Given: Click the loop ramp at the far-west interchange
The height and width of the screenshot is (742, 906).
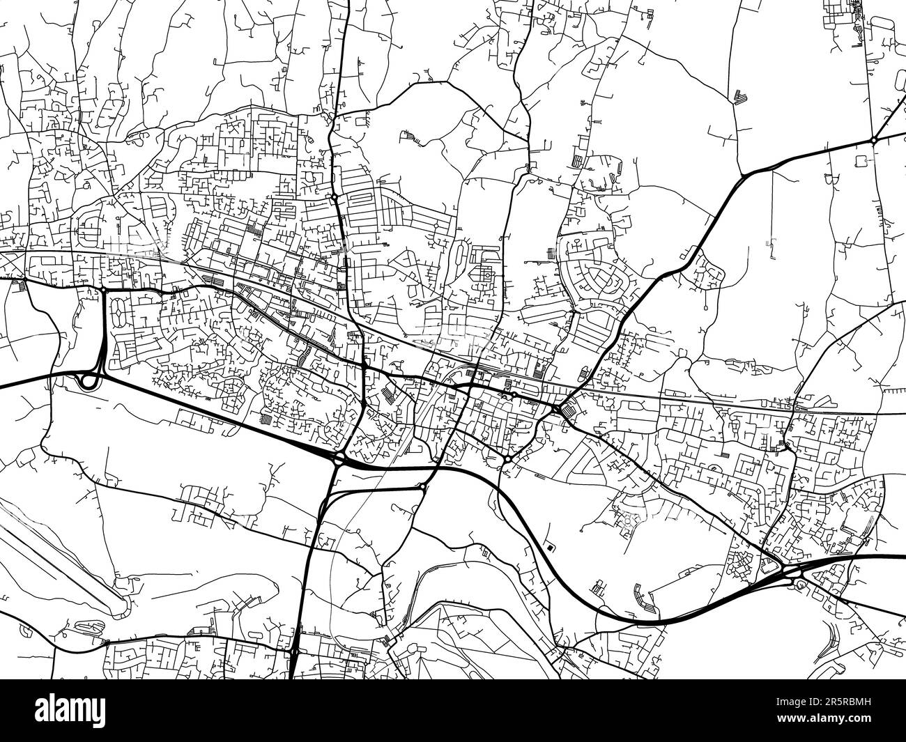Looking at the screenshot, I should (89, 380).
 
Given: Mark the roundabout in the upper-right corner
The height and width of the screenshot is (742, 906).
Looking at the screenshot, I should (873, 140).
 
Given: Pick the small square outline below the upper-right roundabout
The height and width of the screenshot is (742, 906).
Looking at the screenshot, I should (860, 161).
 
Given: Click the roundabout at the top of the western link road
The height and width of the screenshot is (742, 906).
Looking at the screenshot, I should (103, 289).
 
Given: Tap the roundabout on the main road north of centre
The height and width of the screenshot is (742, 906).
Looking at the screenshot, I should (335, 198).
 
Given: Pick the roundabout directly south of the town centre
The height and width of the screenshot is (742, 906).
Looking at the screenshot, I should (508, 460).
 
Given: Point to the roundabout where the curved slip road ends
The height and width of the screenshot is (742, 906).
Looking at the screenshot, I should (423, 486).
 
